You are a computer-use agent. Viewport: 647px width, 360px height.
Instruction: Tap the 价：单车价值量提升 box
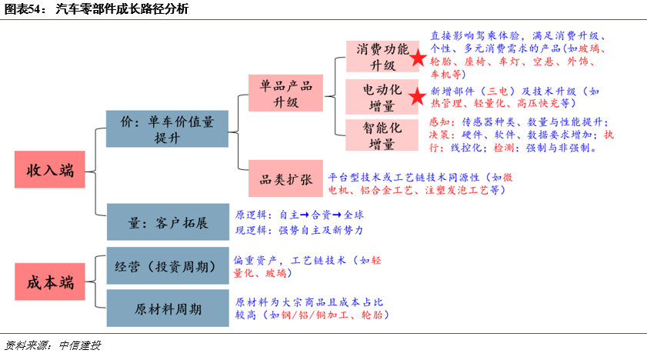167,128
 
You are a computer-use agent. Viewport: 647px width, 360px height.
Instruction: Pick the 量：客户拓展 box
167,223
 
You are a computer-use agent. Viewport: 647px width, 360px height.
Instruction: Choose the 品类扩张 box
285,179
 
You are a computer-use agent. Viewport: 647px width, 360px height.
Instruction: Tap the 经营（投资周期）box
167,266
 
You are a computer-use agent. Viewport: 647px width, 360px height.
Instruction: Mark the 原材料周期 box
167,308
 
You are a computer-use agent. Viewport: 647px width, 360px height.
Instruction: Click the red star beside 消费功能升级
418,58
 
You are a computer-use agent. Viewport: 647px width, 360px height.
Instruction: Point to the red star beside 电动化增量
418,96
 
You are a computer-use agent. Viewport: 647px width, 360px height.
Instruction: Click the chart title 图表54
23,8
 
